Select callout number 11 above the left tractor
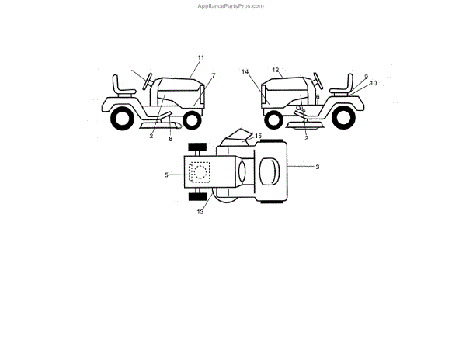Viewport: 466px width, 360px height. [x=200, y=58]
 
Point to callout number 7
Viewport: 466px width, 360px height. [x=213, y=75]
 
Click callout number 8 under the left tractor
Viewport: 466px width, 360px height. [x=171, y=138]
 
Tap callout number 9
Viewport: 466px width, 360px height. [x=365, y=77]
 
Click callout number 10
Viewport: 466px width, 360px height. [x=374, y=83]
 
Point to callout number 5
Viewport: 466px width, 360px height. [x=166, y=175]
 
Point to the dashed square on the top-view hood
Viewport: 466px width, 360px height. [x=199, y=171]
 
